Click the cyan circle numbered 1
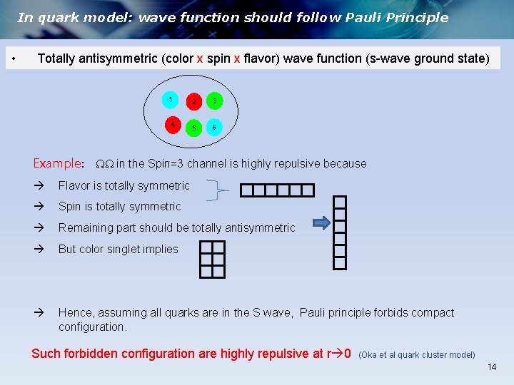[x=171, y=99]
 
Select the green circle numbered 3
[x=215, y=101]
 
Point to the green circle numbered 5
[x=193, y=128]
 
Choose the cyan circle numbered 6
[x=214, y=128]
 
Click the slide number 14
[x=491, y=367]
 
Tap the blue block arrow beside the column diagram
[x=322, y=223]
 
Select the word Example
[x=58, y=163]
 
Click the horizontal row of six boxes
[x=277, y=190]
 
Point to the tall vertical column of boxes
[x=340, y=232]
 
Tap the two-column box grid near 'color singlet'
[x=212, y=259]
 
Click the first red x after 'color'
[x=200, y=58]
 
